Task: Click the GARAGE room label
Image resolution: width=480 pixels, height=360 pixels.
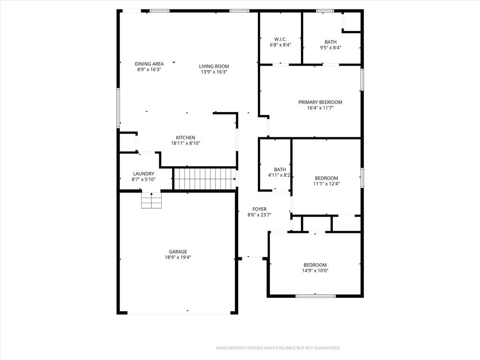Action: coord(178,252)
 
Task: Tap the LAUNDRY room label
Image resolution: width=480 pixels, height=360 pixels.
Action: coord(143,174)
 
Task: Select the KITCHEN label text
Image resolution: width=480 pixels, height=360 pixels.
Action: coord(186,138)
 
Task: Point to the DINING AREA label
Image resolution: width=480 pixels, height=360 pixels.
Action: coord(149,64)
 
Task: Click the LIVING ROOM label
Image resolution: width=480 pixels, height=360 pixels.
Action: coord(214,67)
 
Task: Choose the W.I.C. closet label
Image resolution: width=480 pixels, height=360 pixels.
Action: coord(280,39)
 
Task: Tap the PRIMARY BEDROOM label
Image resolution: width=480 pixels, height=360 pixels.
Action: coord(320,102)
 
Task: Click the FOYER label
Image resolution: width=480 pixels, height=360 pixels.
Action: coord(260,209)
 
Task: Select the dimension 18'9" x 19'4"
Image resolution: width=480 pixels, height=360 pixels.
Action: coord(178,257)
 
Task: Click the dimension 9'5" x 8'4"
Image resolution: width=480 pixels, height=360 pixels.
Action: coord(330,48)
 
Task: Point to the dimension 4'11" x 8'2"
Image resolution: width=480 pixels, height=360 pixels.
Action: coord(279,175)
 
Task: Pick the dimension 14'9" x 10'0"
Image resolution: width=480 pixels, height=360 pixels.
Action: coord(315,270)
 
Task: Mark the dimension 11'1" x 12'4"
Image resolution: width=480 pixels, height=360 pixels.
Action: coord(327,184)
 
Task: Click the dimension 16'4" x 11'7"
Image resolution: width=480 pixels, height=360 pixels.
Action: coord(320,108)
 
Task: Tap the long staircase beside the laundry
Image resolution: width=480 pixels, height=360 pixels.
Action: coord(204,179)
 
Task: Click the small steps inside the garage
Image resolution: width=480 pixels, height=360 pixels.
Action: coord(151,201)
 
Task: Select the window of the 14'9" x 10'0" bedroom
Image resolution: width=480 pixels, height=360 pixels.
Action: coord(315,296)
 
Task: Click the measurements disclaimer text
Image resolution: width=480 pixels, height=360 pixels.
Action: coord(278,348)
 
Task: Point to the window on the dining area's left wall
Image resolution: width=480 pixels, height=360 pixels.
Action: coord(118,108)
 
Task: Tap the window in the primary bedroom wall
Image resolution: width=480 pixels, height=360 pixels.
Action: coord(362,80)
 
